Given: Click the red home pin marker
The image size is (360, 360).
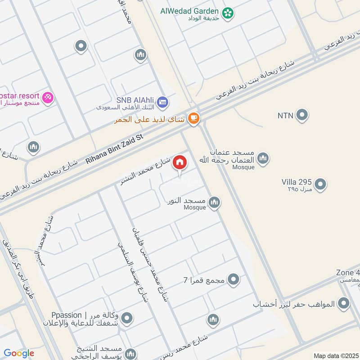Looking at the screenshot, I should (180, 163).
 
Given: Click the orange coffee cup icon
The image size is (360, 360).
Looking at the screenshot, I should (194, 118).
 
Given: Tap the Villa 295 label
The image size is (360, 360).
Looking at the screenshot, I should (297, 182).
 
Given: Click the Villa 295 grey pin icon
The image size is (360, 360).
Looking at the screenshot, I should (320, 184).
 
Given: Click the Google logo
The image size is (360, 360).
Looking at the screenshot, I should (19, 353).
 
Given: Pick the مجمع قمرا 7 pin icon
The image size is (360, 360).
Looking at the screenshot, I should (233, 280).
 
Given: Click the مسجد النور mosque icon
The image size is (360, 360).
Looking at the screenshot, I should (215, 202).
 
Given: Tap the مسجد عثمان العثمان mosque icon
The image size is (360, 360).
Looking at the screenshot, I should (263, 158).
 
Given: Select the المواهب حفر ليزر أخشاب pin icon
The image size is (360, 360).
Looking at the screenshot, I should (344, 303).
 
